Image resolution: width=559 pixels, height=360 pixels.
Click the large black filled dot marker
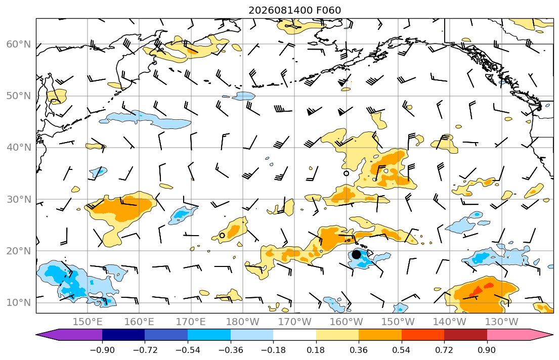[x=356, y=254]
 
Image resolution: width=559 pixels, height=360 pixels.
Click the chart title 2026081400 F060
[x=294, y=10]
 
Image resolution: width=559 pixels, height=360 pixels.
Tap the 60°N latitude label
[x=19, y=44]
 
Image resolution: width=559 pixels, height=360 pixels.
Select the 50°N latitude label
[x=19, y=96]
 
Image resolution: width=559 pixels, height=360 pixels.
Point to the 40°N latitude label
[x=19, y=148]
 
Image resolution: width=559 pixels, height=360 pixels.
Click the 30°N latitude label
[x=19, y=199]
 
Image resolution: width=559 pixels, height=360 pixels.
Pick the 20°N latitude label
[x=19, y=251]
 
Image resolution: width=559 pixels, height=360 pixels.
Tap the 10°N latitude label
[x=19, y=303]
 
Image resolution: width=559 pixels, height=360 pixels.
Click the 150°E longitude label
[x=88, y=322]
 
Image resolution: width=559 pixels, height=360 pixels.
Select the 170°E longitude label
[x=191, y=322]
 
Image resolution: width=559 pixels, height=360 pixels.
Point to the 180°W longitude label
[x=243, y=322]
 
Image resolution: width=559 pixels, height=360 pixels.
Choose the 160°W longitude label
[x=346, y=322]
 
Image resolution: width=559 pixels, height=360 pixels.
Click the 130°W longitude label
[x=502, y=322]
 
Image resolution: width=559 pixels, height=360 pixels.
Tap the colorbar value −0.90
[x=102, y=350]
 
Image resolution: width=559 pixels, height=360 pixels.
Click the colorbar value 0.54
[x=402, y=350]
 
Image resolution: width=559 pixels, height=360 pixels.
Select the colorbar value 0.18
[x=316, y=350]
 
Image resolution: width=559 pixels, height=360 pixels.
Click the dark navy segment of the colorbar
[x=123, y=335]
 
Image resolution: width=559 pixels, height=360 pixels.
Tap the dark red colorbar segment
[x=465, y=335]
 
